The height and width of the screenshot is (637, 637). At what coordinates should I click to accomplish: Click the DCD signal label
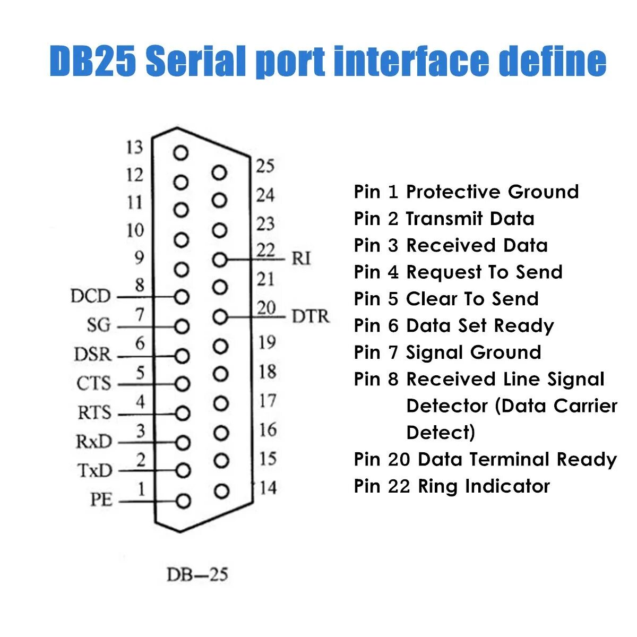(x=90, y=296)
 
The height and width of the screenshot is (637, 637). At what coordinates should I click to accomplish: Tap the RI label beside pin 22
(x=301, y=259)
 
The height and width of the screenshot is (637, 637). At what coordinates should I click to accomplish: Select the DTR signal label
(x=311, y=317)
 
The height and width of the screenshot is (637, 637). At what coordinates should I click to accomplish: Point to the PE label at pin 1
(x=101, y=500)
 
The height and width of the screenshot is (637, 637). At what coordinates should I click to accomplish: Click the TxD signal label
(x=94, y=470)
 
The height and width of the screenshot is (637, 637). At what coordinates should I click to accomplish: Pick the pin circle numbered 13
(x=181, y=153)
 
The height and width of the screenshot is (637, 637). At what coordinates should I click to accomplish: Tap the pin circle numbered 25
(x=219, y=173)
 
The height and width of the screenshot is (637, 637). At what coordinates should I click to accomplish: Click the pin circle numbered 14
(x=221, y=491)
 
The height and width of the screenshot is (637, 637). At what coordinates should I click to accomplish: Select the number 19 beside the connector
(x=267, y=343)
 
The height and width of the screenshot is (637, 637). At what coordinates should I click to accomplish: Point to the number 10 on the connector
(x=135, y=231)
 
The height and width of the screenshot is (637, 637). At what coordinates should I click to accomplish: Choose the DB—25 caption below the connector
(x=197, y=574)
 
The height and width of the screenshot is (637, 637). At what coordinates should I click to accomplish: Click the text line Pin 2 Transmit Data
(x=444, y=219)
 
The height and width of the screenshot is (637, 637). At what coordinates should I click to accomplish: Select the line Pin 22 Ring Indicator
(x=452, y=486)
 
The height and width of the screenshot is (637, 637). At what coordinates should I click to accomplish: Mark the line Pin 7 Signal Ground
(x=447, y=352)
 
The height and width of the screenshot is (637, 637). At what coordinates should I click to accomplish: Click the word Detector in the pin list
(x=447, y=406)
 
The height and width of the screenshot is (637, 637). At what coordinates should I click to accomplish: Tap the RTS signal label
(x=94, y=412)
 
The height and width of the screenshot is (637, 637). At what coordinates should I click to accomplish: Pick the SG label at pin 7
(x=99, y=325)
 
